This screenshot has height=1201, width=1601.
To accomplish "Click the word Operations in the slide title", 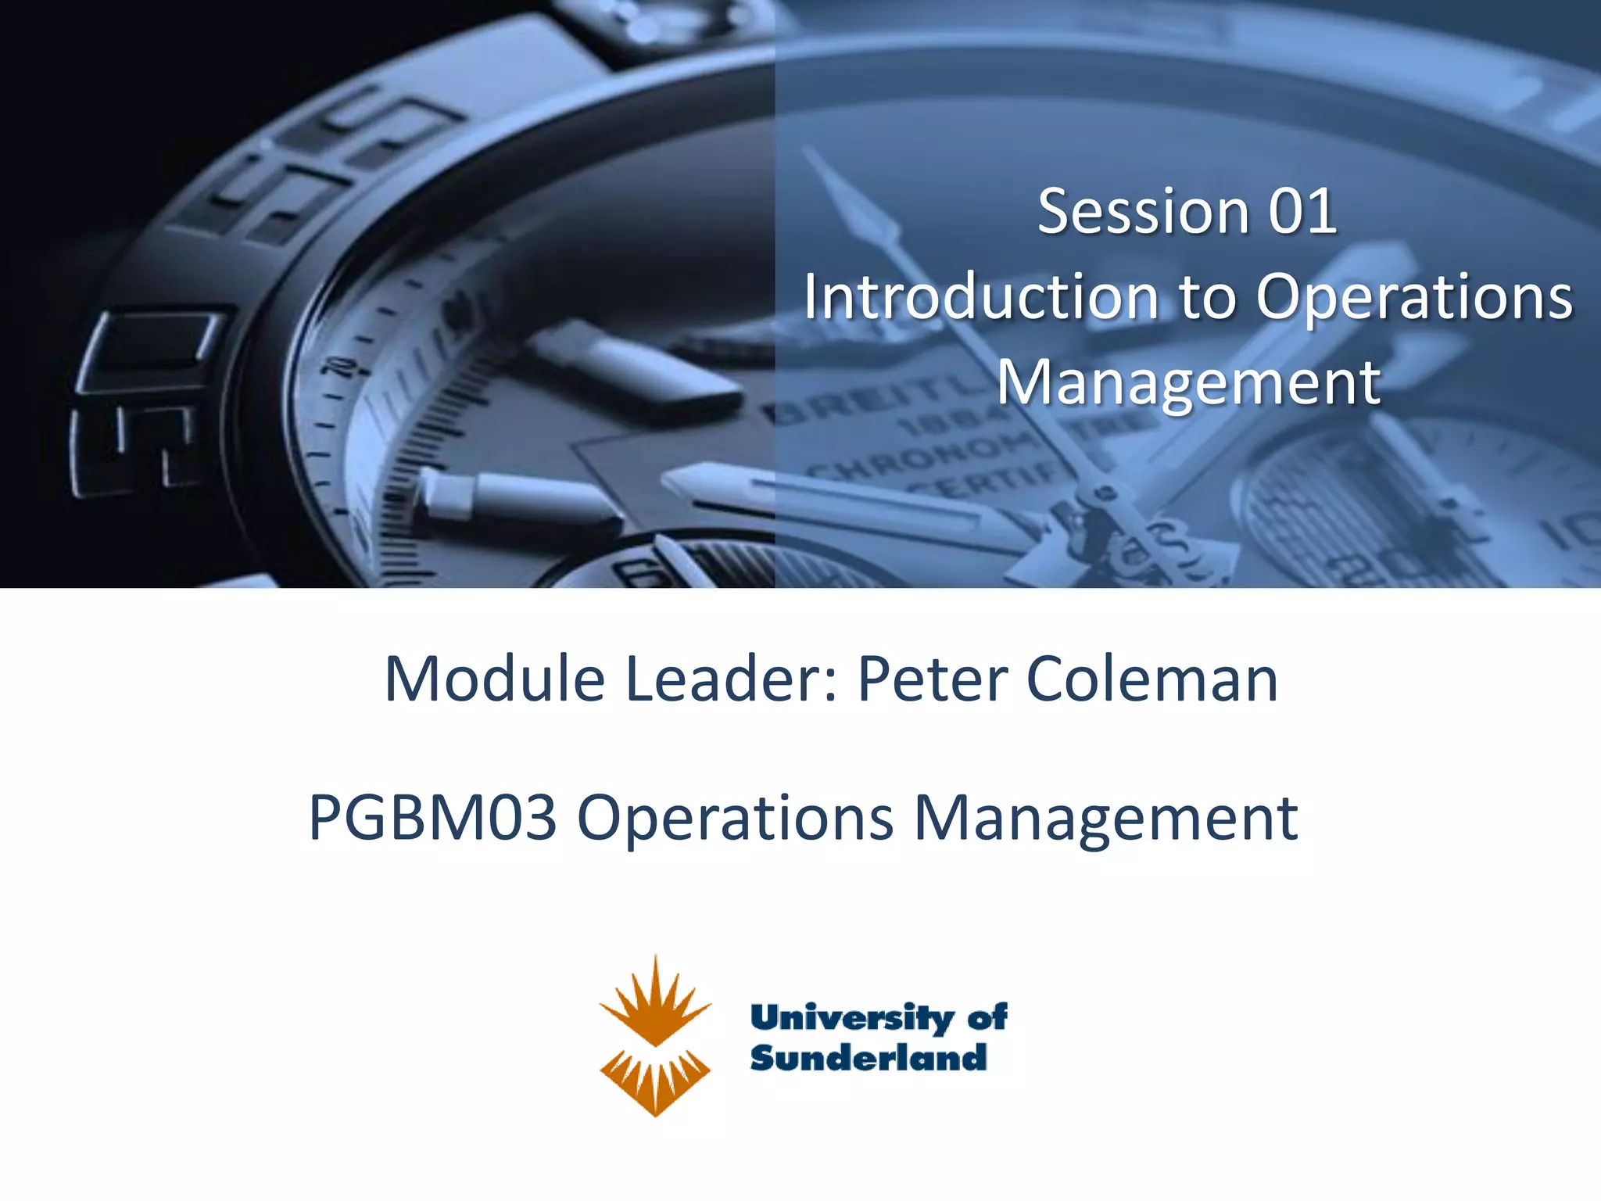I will click(x=1413, y=299).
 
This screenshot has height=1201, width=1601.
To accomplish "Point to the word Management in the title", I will click(x=1188, y=383).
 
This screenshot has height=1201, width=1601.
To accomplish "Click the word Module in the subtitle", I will click(x=494, y=679).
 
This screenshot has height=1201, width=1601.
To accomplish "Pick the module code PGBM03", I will click(x=432, y=818).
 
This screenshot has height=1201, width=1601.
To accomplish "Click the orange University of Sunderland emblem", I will click(x=655, y=1035).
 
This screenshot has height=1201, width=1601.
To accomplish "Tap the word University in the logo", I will click(x=852, y=1018).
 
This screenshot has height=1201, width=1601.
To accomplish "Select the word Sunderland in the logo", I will click(x=868, y=1058).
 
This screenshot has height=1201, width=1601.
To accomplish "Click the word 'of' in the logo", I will click(x=987, y=1016).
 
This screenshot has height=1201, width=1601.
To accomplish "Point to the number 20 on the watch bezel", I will click(x=338, y=367).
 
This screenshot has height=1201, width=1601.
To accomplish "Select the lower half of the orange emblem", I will click(x=655, y=1082).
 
